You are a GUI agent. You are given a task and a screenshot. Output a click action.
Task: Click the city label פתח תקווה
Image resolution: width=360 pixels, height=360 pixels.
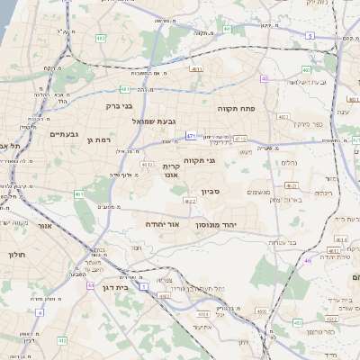238,108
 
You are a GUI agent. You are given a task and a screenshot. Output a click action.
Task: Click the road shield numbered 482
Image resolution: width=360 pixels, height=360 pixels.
101,39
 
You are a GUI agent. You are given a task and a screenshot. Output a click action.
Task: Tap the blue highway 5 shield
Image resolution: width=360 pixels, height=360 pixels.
310,35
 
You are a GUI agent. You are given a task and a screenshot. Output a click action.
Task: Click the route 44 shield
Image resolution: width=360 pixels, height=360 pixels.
91,285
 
